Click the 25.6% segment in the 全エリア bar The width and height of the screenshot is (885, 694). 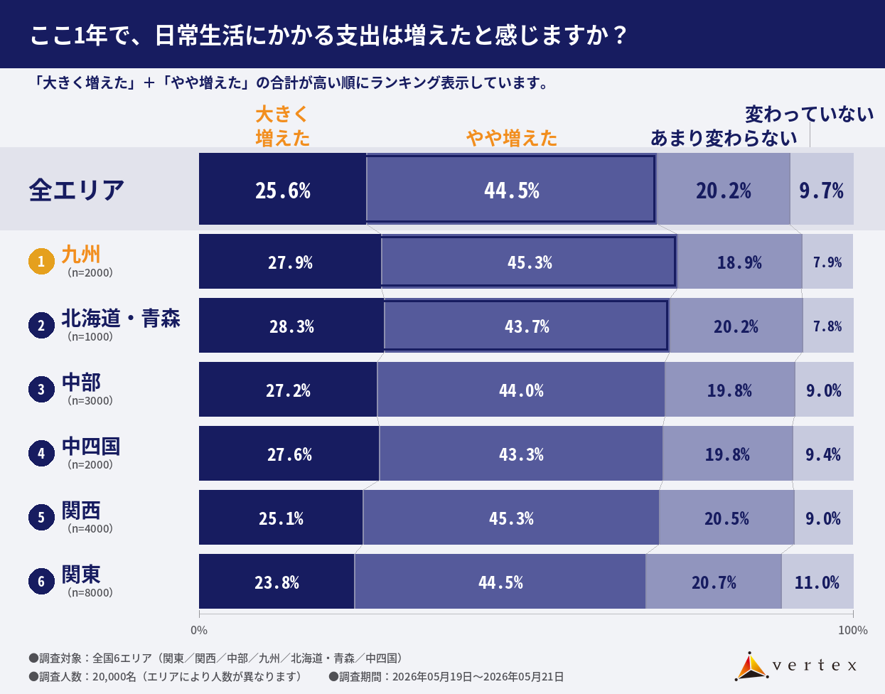pyautogui.click(x=283, y=188)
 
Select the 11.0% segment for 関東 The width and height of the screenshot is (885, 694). pyautogui.click(x=817, y=581)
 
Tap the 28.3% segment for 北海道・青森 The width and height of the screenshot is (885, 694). pyautogui.click(x=291, y=326)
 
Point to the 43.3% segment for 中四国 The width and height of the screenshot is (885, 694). pyautogui.click(x=521, y=453)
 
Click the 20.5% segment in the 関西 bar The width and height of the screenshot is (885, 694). pyautogui.click(x=726, y=517)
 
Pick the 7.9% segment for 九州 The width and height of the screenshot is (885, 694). pyautogui.click(x=827, y=262)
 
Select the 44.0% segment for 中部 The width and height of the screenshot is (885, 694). pyautogui.click(x=521, y=390)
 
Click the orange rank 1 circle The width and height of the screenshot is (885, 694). pyautogui.click(x=41, y=262)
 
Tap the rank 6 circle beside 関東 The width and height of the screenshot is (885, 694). pyautogui.click(x=41, y=581)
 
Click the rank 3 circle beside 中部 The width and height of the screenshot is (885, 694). pyautogui.click(x=41, y=390)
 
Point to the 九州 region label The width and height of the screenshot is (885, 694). pyautogui.click(x=80, y=254)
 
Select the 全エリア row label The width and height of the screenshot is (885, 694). pyautogui.click(x=76, y=190)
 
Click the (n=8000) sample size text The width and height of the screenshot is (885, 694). pyautogui.click(x=90, y=592)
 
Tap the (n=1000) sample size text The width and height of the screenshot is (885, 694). pyautogui.click(x=90, y=337)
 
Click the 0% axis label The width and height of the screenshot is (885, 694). pyautogui.click(x=199, y=631)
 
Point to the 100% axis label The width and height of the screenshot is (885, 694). pyautogui.click(x=853, y=631)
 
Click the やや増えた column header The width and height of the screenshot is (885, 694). pyautogui.click(x=512, y=138)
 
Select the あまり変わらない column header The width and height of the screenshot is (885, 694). pyautogui.click(x=724, y=138)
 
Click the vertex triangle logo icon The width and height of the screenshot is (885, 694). pyautogui.click(x=751, y=666)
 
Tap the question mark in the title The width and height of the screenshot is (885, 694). pyautogui.click(x=620, y=36)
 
